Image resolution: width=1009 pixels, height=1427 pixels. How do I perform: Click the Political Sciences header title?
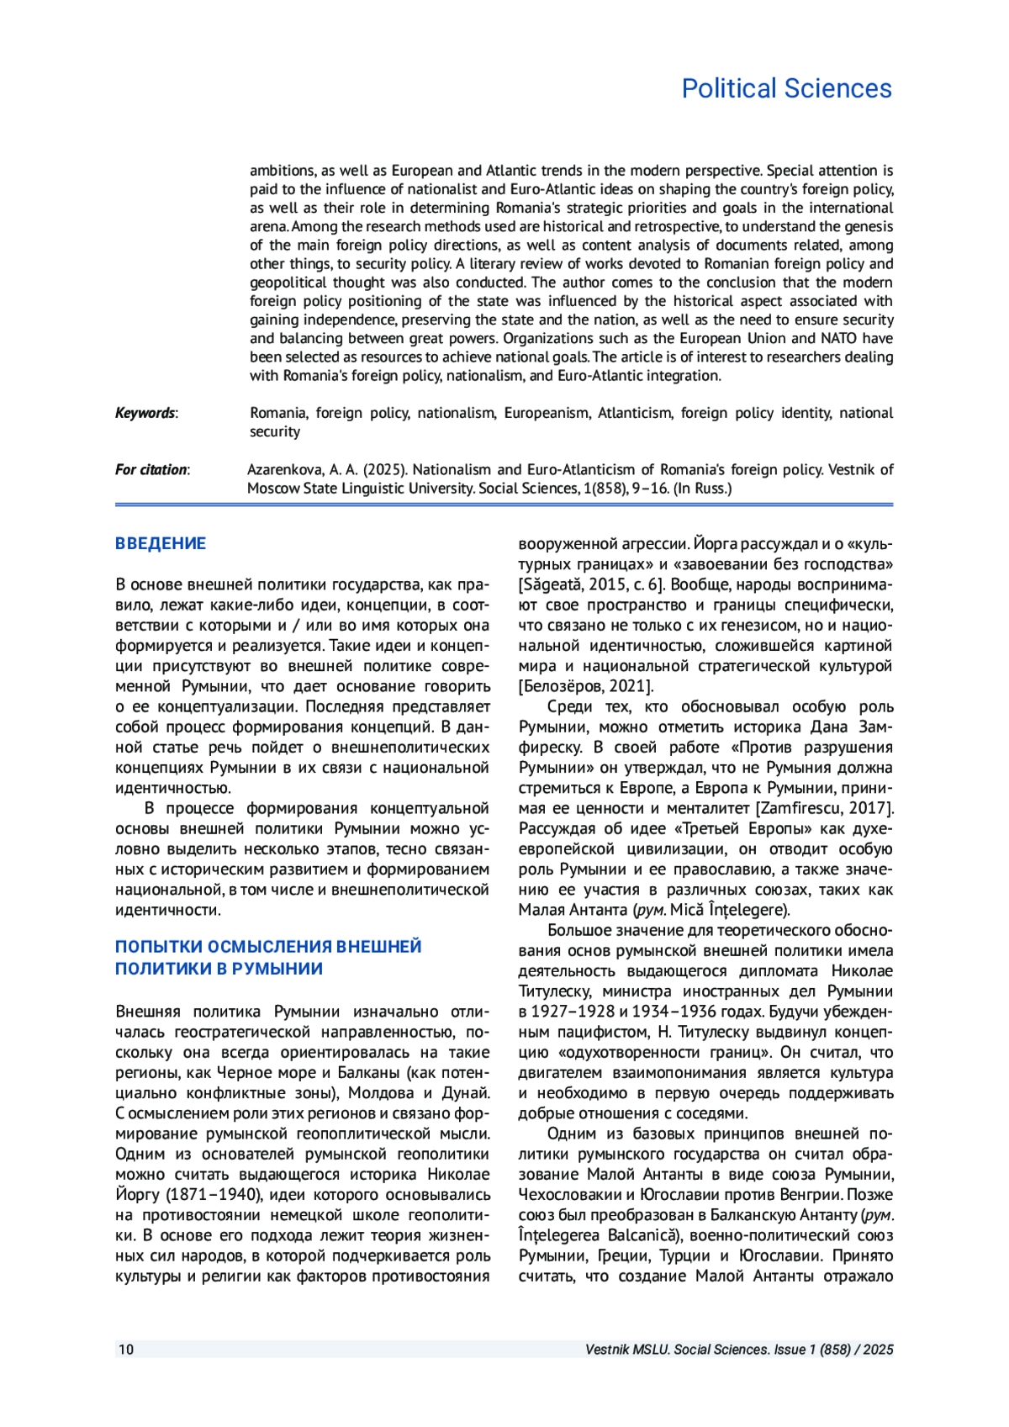(786, 89)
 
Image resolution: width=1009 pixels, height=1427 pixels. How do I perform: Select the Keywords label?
(146, 413)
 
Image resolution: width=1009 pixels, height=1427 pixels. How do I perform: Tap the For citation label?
(152, 469)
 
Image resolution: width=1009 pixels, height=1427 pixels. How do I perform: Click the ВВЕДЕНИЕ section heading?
(161, 543)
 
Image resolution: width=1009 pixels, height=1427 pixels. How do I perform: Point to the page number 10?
(126, 1350)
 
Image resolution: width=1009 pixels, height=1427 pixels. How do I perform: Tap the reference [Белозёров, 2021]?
(586, 686)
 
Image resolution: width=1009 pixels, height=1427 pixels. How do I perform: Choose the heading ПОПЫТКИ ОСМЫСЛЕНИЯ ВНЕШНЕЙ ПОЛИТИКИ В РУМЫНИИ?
(268, 958)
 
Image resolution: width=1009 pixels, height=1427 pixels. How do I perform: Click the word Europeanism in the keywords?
(546, 413)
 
